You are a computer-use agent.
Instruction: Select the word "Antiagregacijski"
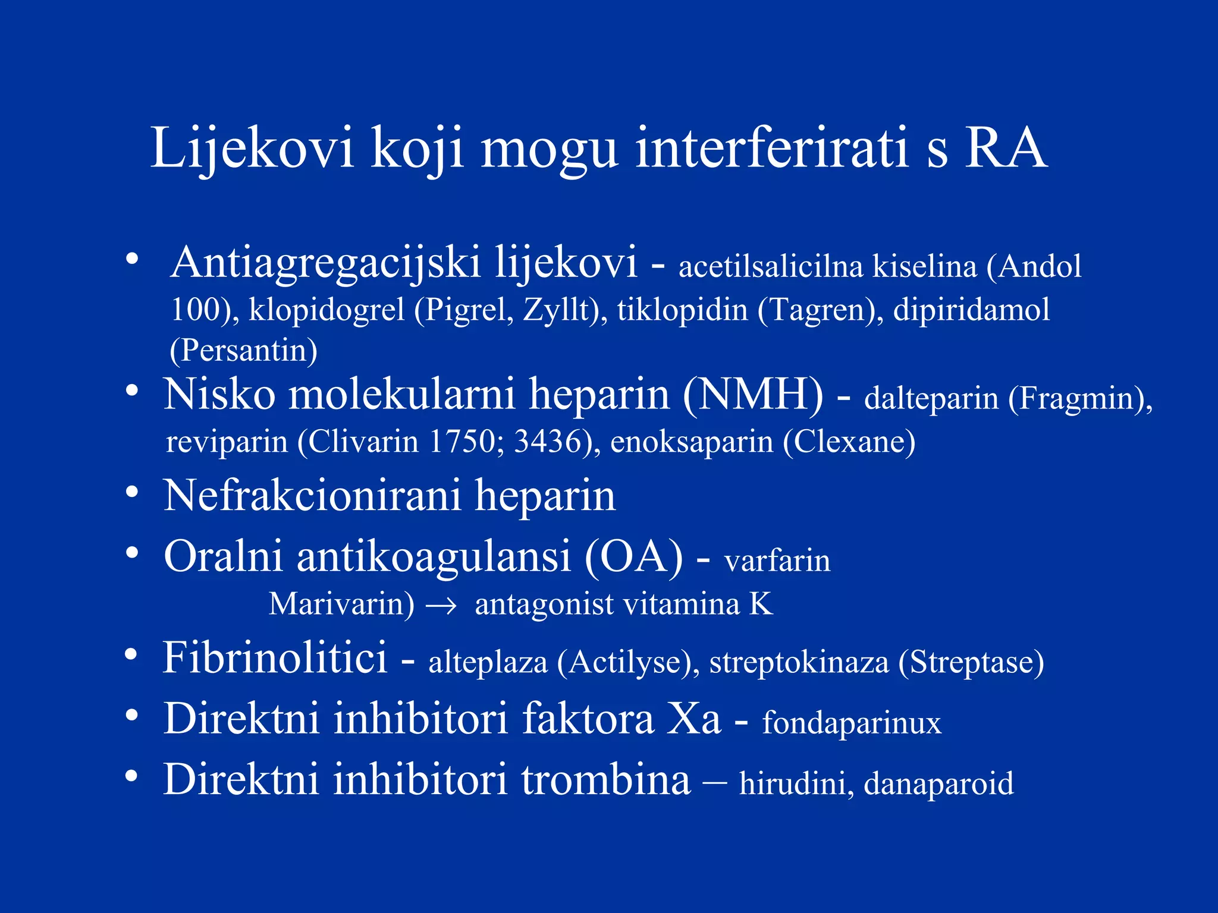tap(325, 263)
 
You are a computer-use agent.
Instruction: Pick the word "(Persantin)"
tap(244, 350)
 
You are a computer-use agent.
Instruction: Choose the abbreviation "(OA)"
tap(634, 558)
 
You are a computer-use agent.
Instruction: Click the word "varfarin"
tap(777, 561)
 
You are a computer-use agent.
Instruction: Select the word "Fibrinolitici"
tap(275, 658)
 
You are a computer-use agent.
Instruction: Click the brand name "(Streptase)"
tap(971, 662)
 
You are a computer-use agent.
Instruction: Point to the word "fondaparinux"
tap(852, 723)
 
